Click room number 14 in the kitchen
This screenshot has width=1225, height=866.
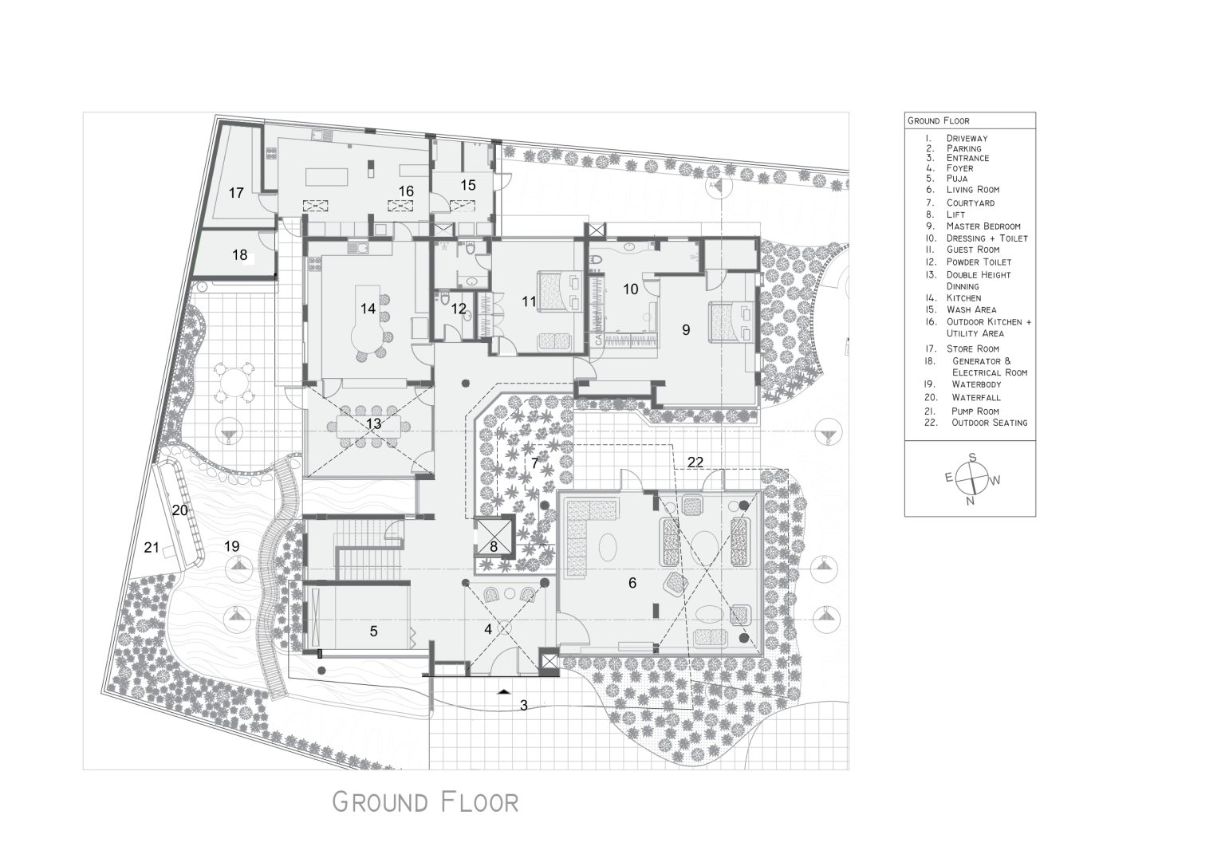click(368, 309)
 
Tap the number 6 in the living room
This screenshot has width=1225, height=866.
click(632, 583)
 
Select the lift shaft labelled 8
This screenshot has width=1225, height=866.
click(494, 546)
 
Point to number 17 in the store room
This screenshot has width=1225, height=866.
click(236, 193)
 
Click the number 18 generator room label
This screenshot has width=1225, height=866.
click(240, 256)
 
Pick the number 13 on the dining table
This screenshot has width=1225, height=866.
click(373, 423)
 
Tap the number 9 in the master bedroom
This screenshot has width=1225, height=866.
click(686, 329)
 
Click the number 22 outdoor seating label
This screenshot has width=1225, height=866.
click(695, 462)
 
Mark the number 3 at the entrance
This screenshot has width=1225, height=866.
click(524, 705)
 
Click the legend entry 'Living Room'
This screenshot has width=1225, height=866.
click(972, 190)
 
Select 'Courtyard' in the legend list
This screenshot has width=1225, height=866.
click(970, 203)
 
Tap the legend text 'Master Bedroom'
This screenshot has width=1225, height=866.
click(983, 226)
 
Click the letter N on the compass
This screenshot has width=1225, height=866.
click(970, 502)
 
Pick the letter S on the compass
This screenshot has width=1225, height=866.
click(972, 458)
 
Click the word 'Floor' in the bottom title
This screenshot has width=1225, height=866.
click(476, 801)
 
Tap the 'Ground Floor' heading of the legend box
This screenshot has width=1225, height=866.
click(938, 121)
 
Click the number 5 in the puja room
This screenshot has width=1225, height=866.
click(373, 632)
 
